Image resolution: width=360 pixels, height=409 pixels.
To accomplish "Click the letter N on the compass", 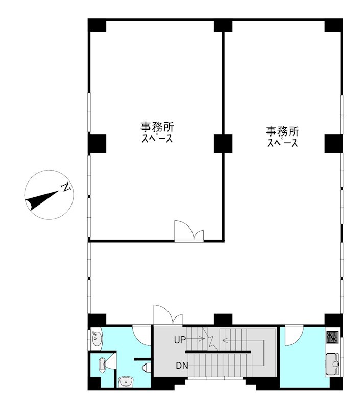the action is point(66,187).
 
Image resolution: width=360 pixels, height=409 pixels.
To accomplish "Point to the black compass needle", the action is point(42,200).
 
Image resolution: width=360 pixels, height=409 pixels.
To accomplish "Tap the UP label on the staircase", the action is point(180,340).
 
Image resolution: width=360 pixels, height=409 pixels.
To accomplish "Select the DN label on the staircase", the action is point(182,366).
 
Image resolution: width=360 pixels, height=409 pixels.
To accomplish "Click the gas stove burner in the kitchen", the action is point(332,337).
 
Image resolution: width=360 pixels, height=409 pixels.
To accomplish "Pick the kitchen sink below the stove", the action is point(332,364).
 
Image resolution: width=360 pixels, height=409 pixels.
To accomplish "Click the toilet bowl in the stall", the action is point(102,364).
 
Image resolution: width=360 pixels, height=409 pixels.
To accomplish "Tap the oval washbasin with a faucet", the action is point(97,338).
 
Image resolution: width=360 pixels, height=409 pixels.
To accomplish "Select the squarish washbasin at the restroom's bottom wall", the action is point(126,382).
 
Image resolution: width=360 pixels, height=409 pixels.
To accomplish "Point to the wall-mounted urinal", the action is point(147,368).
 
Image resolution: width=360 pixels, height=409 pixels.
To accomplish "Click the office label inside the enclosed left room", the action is point(157,132).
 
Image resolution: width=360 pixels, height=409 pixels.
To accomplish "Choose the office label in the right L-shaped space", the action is point(282,137).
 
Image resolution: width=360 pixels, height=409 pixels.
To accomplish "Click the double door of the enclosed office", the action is point(189,231).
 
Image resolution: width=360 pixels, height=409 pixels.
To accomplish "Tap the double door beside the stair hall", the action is point(168,315).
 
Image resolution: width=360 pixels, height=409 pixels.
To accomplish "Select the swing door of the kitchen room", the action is point(294,335).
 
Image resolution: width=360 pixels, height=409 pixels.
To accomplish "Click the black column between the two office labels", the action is point(223,144).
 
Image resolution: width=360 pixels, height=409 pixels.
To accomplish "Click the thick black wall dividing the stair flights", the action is point(218,352).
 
